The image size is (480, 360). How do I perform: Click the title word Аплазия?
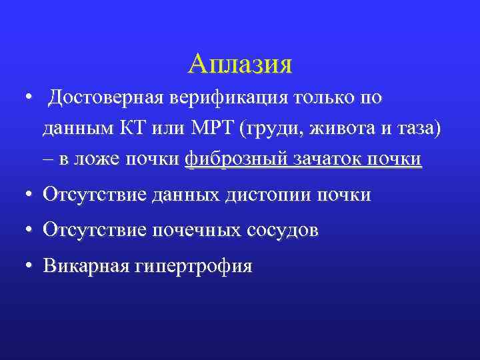click(x=240, y=64)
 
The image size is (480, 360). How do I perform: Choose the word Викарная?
click(x=83, y=266)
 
